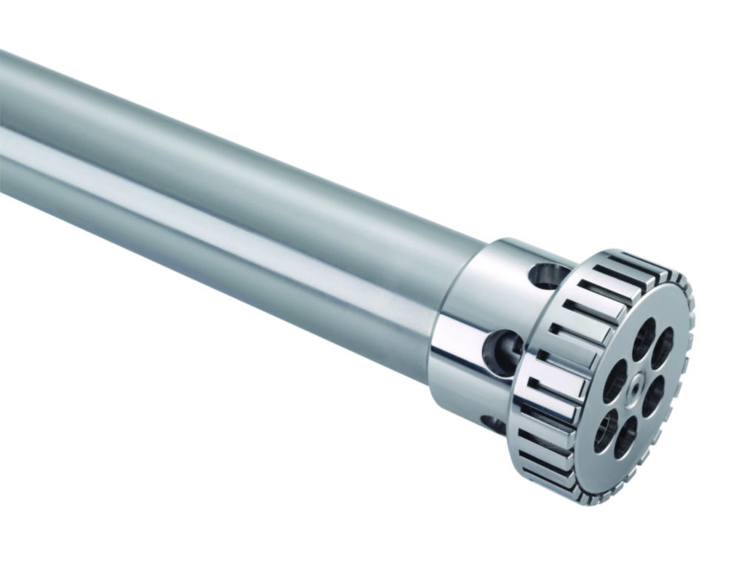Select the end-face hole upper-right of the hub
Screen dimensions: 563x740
(662, 348)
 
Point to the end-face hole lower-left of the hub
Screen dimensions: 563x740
(605, 430)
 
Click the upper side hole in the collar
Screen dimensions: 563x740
(549, 276)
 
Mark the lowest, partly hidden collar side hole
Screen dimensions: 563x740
(493, 424)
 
